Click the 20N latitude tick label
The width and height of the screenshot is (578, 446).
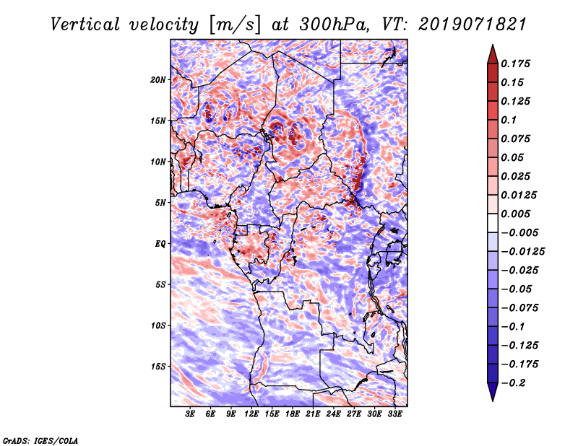158,79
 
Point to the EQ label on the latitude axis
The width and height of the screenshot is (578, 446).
160,243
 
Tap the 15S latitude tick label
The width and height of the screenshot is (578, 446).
158,367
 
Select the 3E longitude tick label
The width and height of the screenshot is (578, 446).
190,414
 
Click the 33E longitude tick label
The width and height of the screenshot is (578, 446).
394,414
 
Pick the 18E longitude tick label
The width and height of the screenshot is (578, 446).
293,414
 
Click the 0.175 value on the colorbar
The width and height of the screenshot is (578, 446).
515,64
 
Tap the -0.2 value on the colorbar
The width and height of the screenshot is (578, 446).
513,383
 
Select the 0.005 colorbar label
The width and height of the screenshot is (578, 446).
515,214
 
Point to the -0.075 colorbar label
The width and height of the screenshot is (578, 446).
519,308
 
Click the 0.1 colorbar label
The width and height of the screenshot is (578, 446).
509,120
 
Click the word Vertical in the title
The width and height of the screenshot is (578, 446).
85,25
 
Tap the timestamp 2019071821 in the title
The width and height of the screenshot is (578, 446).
473,25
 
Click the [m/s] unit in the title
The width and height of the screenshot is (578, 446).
235,25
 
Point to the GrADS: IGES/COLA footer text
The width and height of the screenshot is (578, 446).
40,441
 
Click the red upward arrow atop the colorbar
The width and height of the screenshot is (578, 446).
493,54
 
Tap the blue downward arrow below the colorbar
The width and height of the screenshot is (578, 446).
493,392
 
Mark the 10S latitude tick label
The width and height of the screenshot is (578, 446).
158,325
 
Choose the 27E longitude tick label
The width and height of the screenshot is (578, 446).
354,414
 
